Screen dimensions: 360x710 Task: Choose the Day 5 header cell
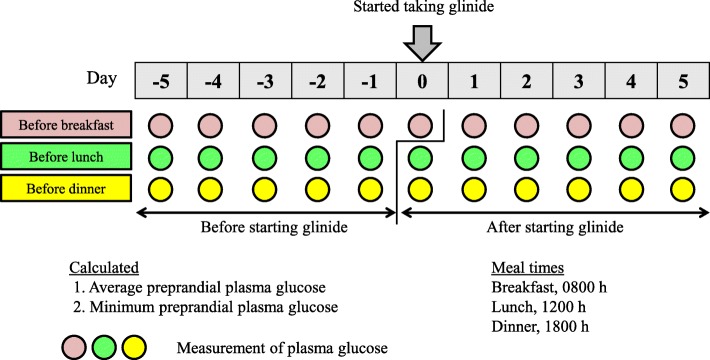[x=685, y=76]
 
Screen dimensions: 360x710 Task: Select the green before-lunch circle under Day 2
[x=527, y=157]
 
